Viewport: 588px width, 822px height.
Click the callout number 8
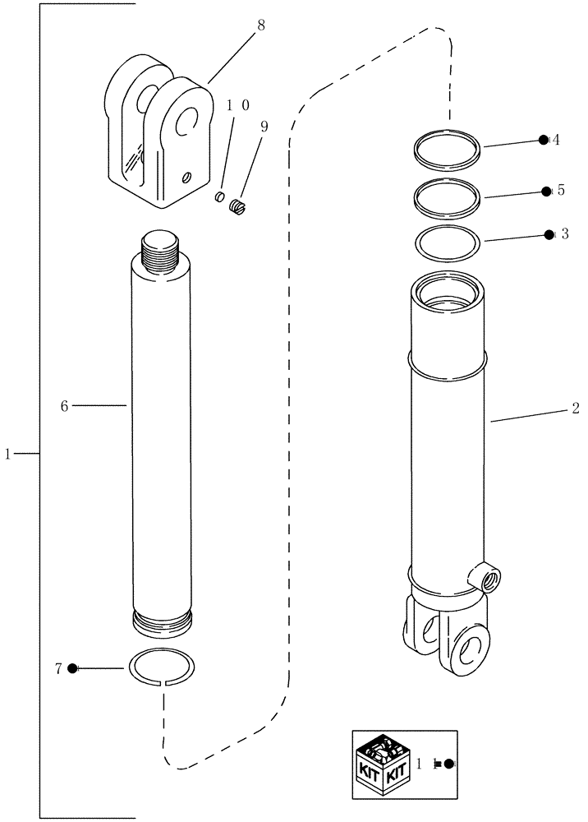tap(261, 25)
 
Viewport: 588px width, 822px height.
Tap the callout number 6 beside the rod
tap(63, 405)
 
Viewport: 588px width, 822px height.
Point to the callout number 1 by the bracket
tap(8, 454)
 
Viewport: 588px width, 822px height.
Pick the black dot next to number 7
tap(73, 668)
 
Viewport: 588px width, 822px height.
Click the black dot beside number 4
tap(543, 140)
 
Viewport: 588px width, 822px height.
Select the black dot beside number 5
tap(546, 191)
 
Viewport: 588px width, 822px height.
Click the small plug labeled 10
tap(220, 196)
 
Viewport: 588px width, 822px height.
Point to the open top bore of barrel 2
tap(448, 290)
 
